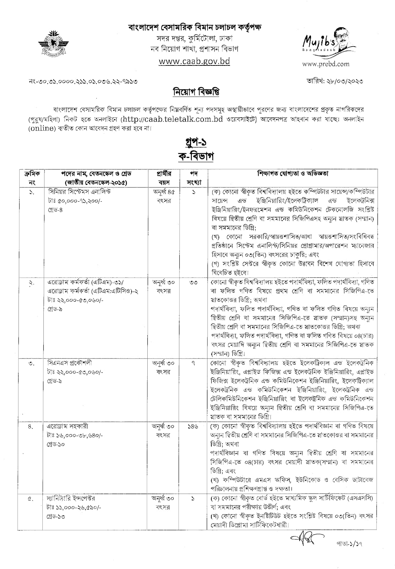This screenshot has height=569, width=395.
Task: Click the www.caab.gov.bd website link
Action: click(x=194, y=61)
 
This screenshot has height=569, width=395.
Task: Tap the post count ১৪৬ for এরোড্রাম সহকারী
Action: click(x=194, y=426)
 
